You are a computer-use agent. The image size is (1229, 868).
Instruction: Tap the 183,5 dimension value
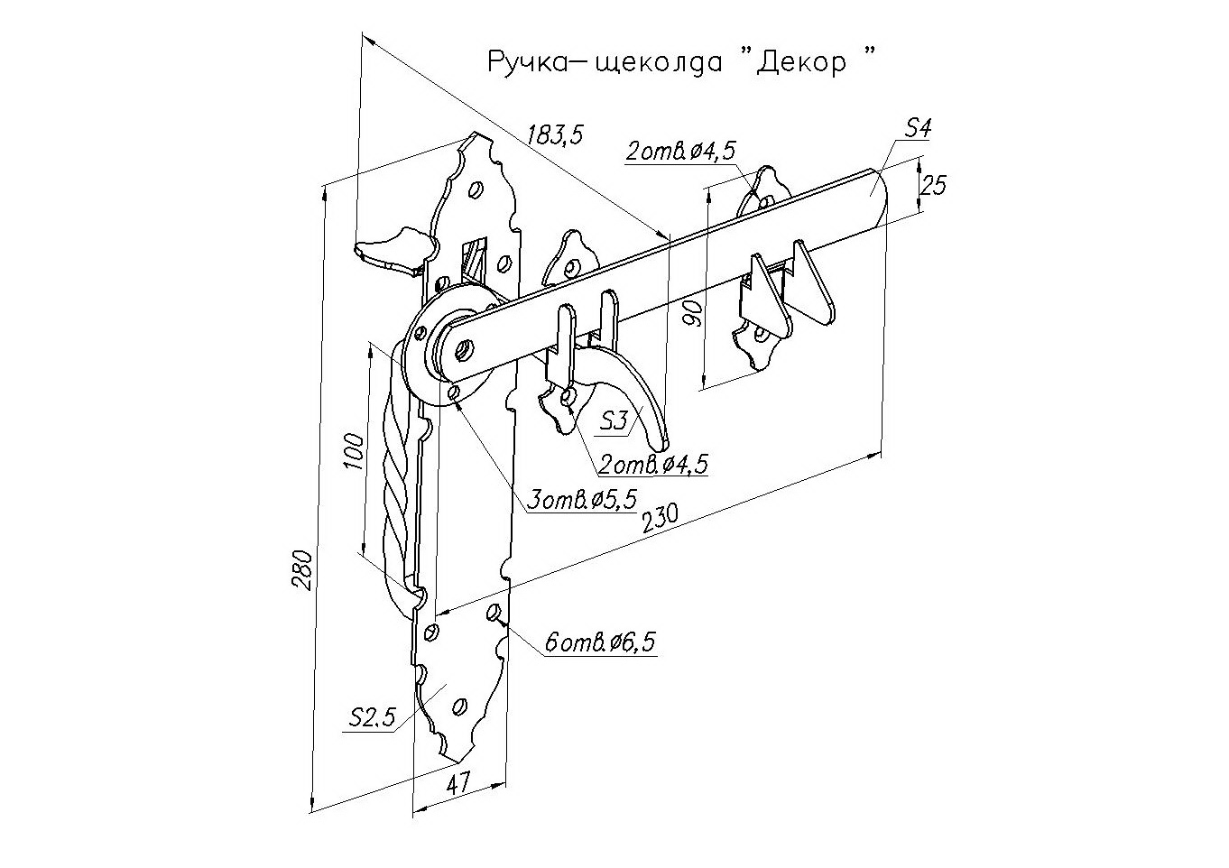tap(555, 134)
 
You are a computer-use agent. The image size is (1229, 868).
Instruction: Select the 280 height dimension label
tap(304, 568)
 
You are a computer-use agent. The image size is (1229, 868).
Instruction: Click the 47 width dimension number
tap(458, 782)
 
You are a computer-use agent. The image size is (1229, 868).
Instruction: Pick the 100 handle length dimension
tap(354, 451)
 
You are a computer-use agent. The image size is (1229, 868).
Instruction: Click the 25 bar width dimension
tap(935, 185)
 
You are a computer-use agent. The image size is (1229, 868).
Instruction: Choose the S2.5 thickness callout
tap(372, 717)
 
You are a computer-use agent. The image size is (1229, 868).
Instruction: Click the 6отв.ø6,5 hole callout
tap(599, 642)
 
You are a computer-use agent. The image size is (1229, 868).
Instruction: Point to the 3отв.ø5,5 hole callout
tap(582, 498)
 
